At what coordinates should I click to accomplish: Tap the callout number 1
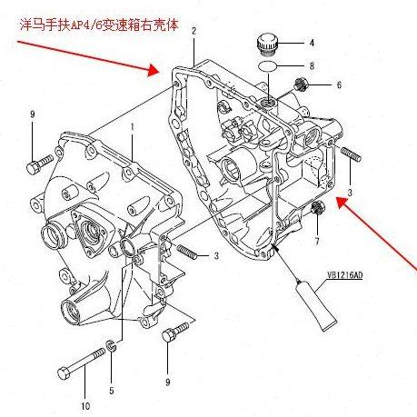click(132, 126)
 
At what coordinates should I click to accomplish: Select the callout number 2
click(194, 31)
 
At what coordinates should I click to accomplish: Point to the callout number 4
click(312, 43)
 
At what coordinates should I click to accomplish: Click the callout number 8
click(312, 66)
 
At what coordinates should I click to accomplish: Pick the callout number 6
click(339, 85)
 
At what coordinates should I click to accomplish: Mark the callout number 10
click(86, 404)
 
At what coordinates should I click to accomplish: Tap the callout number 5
click(112, 392)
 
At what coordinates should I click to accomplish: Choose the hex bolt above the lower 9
click(169, 337)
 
